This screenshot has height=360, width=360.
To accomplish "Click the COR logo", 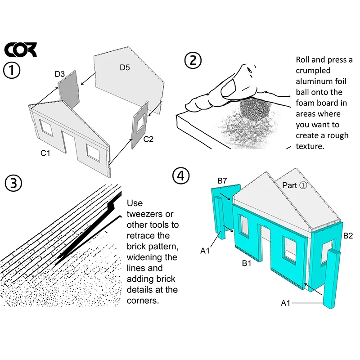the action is tap(20, 49).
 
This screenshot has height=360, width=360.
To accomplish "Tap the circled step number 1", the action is tap(12, 70).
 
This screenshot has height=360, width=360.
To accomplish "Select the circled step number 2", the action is tap(193, 60).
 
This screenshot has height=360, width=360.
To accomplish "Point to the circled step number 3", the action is tap(13, 183).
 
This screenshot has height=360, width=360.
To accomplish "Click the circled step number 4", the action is tap(181, 176).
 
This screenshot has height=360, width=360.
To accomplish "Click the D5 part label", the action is tap(125, 67).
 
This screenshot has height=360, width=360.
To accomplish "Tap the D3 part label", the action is tap(60, 74).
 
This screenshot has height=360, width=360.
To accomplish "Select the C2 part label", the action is tap(148, 139).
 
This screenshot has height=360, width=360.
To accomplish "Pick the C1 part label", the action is tap(45, 153).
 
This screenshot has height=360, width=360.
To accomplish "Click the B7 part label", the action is tap(222, 181).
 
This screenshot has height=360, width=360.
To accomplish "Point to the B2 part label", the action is tap(348, 235).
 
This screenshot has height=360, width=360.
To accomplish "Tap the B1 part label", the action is tap(247, 263).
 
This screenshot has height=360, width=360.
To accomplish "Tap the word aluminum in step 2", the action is tap(321, 81).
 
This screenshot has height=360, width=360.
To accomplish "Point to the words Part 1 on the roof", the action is tap(295, 185).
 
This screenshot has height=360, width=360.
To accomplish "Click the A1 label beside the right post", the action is tap(286, 303).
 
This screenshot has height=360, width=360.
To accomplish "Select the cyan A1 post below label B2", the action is tap(332, 279).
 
